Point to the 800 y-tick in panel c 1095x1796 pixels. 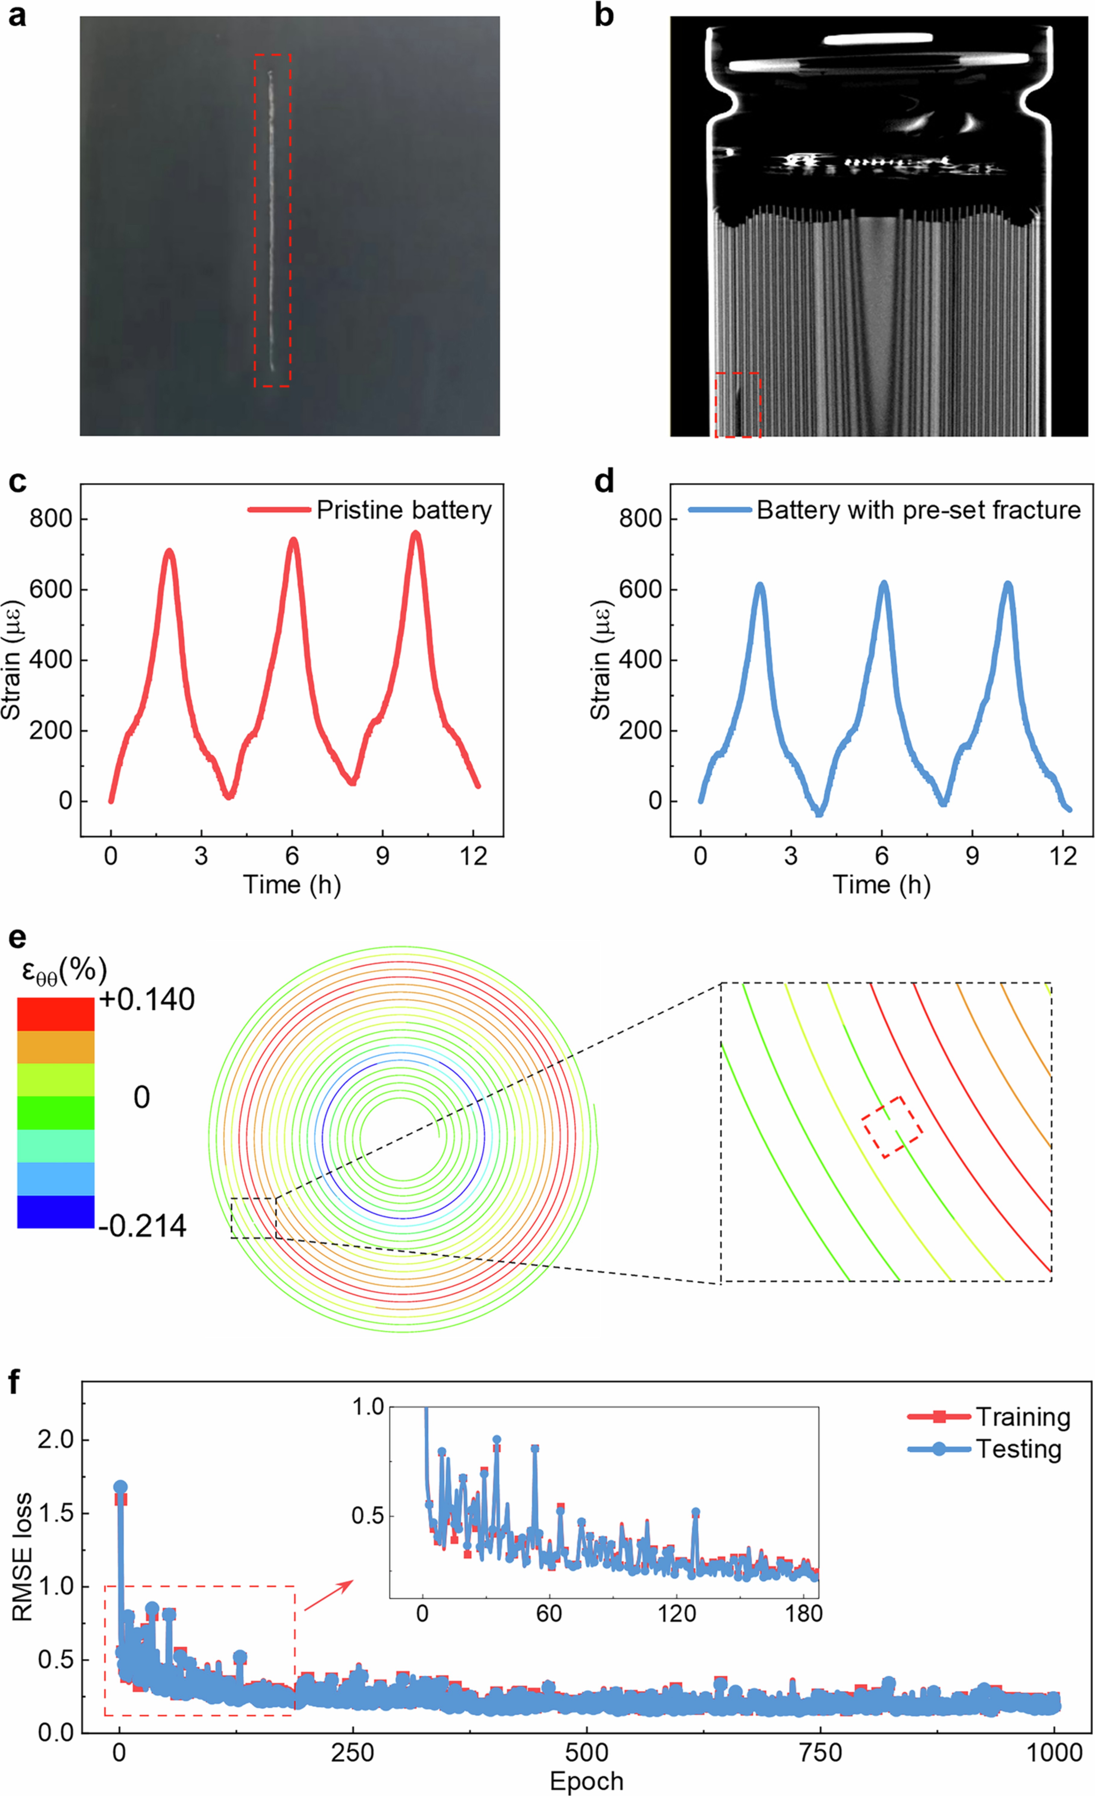click(51, 519)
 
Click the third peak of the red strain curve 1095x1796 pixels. click(415, 534)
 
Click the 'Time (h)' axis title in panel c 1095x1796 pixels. click(292, 885)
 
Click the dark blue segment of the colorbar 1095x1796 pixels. click(55, 1211)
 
